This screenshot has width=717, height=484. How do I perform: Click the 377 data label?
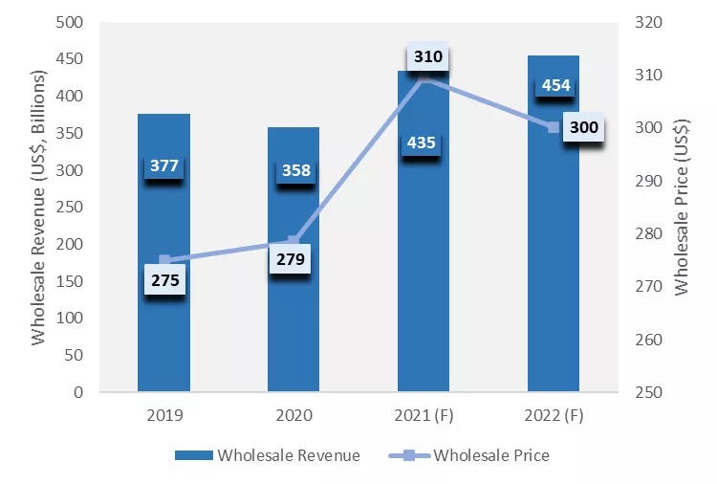click(163, 165)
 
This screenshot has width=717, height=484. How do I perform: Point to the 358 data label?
click(293, 170)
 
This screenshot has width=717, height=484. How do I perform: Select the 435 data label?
click(422, 143)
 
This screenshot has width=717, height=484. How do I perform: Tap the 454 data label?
click(555, 85)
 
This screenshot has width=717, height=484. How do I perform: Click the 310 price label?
click(428, 56)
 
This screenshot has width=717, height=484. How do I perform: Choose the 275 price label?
click(163, 281)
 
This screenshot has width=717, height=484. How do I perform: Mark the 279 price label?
click(289, 258)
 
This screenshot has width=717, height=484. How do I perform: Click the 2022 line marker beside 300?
click(554, 127)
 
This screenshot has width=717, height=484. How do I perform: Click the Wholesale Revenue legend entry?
click(268, 455)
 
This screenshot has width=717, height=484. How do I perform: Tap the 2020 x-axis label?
click(293, 417)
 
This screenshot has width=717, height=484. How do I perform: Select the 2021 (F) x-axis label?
click(424, 417)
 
